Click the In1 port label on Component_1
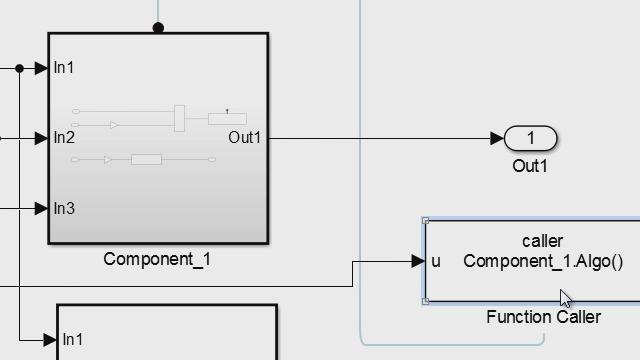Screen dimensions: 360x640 pos(64,68)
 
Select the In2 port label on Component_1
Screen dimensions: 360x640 pos(64,138)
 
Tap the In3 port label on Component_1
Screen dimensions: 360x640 pos(64,208)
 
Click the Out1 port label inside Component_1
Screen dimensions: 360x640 pos(244,138)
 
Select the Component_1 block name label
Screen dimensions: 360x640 pos(157,260)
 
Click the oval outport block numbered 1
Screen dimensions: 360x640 pos(531,138)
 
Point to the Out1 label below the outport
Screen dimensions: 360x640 pos(530,166)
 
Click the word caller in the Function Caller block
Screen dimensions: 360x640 pos(542,241)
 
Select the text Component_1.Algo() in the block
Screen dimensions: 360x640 pos(542,262)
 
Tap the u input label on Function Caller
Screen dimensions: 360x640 pos(436,262)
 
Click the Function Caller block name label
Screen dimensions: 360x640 pos(543,317)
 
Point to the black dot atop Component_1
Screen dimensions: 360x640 pos(158,28)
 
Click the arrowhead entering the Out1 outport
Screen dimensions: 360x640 pos(498,138)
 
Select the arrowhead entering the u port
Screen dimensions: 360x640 pos(418,261)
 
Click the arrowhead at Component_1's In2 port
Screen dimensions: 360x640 pos(41,138)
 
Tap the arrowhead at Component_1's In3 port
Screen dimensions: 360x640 pos(41,208)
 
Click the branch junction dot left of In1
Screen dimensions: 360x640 pos(19,68)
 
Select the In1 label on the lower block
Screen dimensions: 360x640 pos(72,340)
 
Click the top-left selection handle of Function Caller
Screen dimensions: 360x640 pos(426,221)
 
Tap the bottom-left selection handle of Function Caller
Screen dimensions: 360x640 pos(426,300)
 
